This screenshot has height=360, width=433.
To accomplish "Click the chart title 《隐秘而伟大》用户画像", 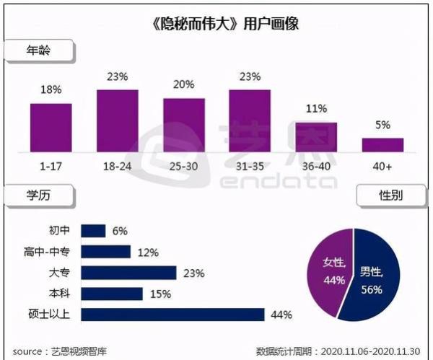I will (216, 23).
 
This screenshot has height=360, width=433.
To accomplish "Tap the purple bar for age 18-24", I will (117, 121).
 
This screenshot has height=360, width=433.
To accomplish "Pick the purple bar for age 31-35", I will (250, 121).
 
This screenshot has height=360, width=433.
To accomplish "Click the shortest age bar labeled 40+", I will (382, 145).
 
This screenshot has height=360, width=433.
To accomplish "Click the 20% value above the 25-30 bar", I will (183, 84).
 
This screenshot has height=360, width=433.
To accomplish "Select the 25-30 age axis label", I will (183, 165).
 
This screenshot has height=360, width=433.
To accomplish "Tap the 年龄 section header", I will (39, 51).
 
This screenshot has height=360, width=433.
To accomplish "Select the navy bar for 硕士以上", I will (173, 314).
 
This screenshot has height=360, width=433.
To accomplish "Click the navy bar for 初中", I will (93, 230).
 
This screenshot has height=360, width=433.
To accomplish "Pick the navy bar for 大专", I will (128, 272).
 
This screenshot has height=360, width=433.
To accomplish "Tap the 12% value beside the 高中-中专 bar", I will (148, 252).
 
